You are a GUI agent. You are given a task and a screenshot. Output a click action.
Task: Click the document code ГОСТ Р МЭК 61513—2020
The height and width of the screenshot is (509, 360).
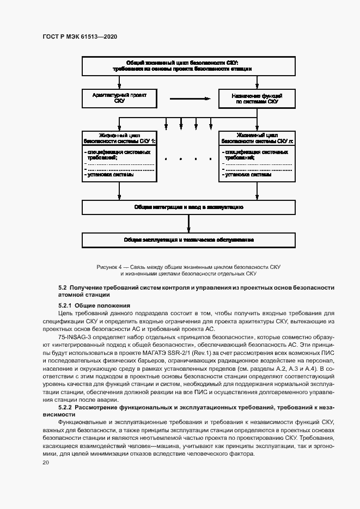click(80, 36)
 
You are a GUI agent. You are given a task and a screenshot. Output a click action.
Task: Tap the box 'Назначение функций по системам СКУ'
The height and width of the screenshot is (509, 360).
click(257, 98)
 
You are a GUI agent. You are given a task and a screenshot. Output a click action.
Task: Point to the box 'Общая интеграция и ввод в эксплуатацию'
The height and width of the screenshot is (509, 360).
click(188, 207)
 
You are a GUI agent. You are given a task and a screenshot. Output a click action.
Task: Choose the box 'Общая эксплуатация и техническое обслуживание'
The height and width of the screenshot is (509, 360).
click(188, 239)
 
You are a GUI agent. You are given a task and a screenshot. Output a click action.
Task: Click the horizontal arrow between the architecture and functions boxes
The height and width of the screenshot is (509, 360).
click(189, 99)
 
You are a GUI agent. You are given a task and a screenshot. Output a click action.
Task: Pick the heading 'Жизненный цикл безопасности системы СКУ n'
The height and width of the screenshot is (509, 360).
click(257, 137)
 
